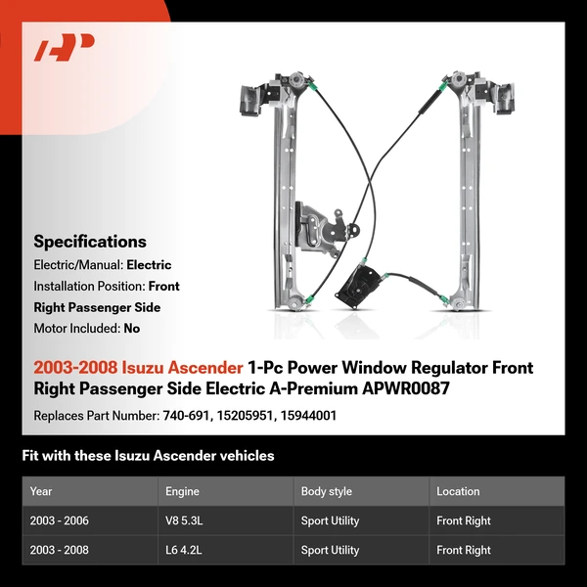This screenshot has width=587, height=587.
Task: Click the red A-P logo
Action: tap(65, 48)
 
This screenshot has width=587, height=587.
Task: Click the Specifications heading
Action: tap(90, 242)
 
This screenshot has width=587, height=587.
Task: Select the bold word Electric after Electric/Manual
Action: tap(149, 265)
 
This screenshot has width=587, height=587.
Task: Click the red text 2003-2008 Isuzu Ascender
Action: tap(138, 368)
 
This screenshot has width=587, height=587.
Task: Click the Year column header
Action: tap(41, 491)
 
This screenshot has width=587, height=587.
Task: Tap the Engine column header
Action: tap(183, 491)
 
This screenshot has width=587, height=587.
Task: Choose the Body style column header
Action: tap(327, 491)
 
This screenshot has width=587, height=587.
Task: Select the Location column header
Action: tap(458, 491)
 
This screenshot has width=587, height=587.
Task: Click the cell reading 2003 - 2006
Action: tap(59, 520)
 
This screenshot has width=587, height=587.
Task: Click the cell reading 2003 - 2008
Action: tap(59, 550)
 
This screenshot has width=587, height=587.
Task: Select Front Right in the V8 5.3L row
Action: tap(464, 520)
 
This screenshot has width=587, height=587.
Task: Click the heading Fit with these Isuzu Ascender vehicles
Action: tap(148, 456)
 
